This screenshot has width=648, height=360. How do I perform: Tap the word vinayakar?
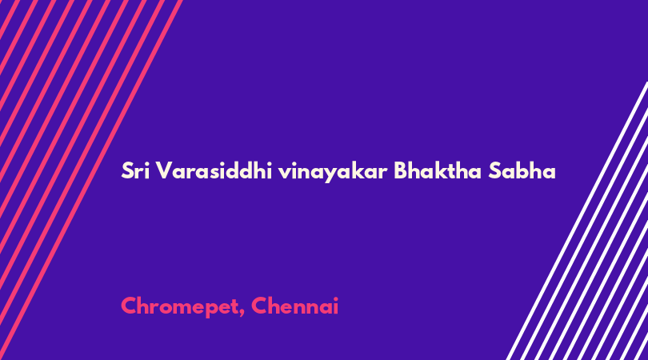(x=333, y=172)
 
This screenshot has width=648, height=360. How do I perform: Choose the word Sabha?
(x=522, y=170)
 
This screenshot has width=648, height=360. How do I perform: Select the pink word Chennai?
(x=294, y=306)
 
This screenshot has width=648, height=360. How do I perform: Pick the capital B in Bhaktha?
(x=401, y=170)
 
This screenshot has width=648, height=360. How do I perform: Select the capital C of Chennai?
(x=259, y=306)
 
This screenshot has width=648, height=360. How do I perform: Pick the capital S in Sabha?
(x=494, y=170)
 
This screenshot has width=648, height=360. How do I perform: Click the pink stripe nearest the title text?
(x=91, y=180)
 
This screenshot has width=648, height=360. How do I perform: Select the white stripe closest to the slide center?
(x=577, y=221)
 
